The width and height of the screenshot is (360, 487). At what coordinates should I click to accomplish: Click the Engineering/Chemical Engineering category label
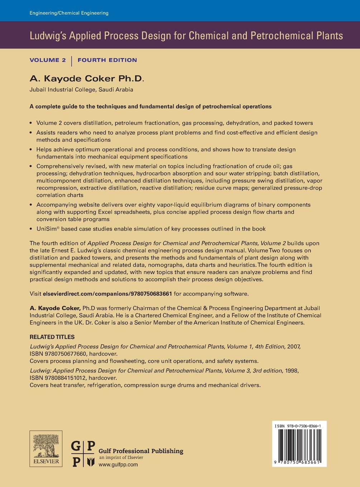tap(69, 13)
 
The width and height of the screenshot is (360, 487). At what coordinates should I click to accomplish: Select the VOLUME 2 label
tap(48, 60)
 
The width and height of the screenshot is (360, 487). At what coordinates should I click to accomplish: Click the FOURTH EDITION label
tap(107, 60)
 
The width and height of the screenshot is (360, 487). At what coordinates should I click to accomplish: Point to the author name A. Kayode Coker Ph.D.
tap(87, 78)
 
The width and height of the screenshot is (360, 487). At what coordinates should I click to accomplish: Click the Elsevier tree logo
tap(46, 449)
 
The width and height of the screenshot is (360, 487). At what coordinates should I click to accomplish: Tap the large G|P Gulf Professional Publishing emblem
tap(83, 454)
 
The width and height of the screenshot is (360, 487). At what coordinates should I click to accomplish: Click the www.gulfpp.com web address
tap(118, 464)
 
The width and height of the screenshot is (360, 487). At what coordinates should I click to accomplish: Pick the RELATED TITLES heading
tap(52, 337)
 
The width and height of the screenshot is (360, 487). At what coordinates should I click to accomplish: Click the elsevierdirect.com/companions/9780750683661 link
tap(107, 294)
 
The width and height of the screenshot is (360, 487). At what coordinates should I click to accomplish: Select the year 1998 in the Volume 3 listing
tap(292, 371)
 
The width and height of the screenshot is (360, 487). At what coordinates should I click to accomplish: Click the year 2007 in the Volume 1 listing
tap(294, 347)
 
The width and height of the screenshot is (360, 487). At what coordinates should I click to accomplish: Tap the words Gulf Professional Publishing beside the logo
tap(141, 451)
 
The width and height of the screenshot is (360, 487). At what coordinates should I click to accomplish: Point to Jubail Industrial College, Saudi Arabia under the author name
tap(81, 90)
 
